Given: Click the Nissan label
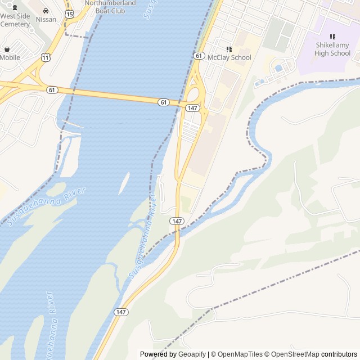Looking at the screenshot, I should [x=46, y=19].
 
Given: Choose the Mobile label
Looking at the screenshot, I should [x=10, y=57].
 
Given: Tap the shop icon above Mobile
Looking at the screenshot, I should [x=7, y=49].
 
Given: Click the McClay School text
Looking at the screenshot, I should [x=229, y=57].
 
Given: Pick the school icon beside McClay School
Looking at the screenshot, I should [x=229, y=49].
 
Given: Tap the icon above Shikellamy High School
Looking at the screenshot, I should [x=332, y=37].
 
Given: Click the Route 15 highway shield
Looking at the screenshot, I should [x=68, y=13].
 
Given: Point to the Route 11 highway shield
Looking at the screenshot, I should [x=44, y=57].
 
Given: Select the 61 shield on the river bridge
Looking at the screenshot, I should [x=163, y=102].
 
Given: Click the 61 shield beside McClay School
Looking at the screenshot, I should [x=198, y=55].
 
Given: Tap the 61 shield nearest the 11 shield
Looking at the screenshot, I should [x=52, y=89].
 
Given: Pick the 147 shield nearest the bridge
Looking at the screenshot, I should [x=192, y=107].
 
